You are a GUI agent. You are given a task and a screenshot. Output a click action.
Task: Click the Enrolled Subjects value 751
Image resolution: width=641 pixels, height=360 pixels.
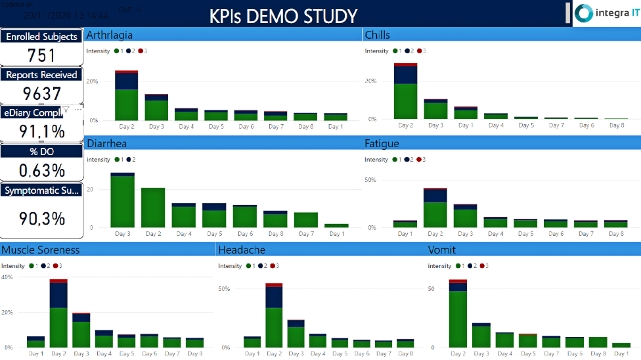coord(41,55)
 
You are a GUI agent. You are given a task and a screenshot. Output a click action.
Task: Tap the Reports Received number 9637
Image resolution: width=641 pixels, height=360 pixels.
coord(41,93)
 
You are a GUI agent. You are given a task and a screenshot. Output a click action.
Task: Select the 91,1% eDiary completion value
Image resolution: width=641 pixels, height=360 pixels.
coord(41,131)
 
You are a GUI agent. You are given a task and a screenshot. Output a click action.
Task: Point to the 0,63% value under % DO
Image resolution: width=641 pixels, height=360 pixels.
coord(41,170)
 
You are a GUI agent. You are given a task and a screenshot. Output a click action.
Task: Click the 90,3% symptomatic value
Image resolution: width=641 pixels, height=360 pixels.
coord(41,217)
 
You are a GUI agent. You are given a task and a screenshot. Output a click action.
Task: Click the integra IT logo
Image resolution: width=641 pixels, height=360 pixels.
coord(606,13)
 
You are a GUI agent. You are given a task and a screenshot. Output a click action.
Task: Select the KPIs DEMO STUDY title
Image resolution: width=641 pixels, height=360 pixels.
coord(284,16)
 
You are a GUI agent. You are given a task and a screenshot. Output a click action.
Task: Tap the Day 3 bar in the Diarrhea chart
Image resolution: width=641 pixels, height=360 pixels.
coord(122,201)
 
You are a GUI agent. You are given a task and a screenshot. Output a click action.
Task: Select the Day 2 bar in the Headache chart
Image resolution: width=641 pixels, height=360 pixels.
coord(274,315)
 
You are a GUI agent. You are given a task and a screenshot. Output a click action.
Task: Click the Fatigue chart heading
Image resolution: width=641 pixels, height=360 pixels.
coord(382,143)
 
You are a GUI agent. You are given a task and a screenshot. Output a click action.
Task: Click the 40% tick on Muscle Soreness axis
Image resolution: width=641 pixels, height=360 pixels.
coord(7,277)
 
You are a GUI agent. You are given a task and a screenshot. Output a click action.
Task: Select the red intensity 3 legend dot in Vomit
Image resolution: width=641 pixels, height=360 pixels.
coord(483,266)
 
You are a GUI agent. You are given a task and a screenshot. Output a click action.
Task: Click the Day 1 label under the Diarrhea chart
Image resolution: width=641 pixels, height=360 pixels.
coord(336,234)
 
